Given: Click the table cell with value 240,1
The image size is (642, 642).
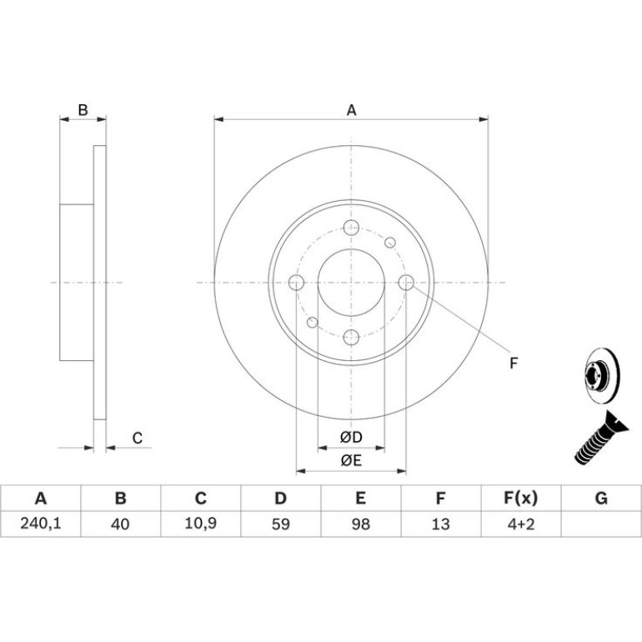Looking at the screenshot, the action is point(41,524).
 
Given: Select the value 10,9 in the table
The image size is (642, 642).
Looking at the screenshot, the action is point(201,524).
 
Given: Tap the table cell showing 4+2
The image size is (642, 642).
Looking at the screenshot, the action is point(521,524).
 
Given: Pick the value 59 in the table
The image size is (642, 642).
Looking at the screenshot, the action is point(281,524).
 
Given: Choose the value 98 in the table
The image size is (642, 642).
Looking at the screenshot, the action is point(361,524).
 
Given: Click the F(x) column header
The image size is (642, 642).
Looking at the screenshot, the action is point(520,498).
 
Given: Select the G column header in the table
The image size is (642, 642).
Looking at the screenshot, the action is point(601,498).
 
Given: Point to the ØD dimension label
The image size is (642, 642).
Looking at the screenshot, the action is point(351,437).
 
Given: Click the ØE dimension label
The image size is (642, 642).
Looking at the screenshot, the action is point(351,460).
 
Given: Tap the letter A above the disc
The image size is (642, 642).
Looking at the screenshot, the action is point(351,110).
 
